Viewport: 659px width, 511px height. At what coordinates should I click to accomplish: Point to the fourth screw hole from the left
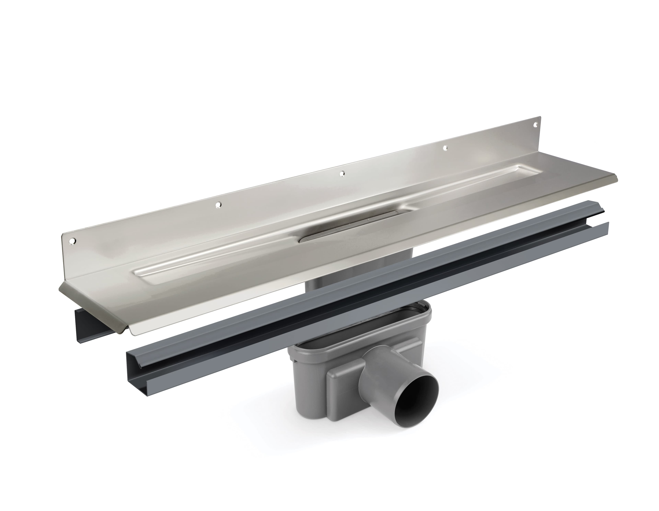pyautogui.click(x=445, y=148)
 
